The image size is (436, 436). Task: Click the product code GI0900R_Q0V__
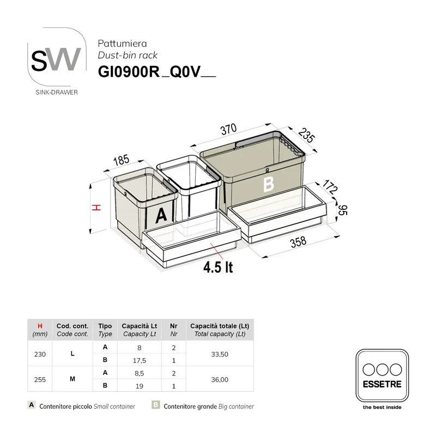[x=157, y=72]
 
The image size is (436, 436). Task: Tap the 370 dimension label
[x=228, y=129]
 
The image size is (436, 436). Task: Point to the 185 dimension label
[x=122, y=160]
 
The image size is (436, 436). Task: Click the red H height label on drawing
[x=95, y=208]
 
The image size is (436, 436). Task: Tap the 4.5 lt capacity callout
[x=218, y=268]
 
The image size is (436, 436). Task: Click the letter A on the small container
[x=161, y=216]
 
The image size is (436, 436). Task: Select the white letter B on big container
[x=268, y=185]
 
